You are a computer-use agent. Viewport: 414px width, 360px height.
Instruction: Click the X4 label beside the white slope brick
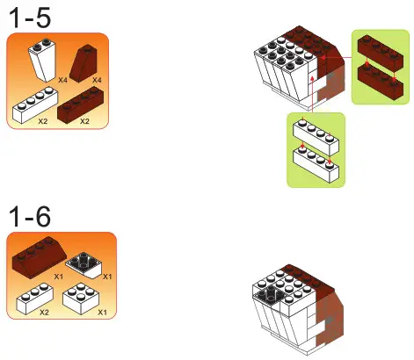pos(62,80)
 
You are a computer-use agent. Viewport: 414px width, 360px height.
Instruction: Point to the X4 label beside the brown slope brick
pos(100,80)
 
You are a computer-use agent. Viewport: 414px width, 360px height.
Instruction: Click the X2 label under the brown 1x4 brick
pos(84,121)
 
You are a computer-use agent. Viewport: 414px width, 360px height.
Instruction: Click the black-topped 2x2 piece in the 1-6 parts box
pos(85,261)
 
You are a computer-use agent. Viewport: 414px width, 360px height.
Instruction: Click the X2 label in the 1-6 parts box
pos(43,313)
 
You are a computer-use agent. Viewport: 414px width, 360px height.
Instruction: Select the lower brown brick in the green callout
pos(378,83)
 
